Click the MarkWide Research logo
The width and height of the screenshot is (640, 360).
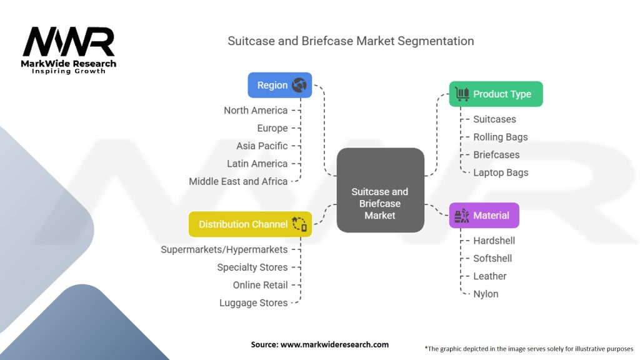[x=69, y=49]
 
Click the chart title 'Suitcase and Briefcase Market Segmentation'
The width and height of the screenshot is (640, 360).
[x=351, y=41]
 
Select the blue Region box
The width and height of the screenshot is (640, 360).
[x=279, y=85]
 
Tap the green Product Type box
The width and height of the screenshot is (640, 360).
[x=496, y=94]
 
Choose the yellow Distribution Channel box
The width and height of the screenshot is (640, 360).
[x=250, y=224]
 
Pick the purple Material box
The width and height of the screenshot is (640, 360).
[x=484, y=216]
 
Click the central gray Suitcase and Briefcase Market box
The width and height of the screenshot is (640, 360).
[x=380, y=190]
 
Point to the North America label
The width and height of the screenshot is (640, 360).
[x=256, y=111]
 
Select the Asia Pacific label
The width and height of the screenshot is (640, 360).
[x=262, y=146]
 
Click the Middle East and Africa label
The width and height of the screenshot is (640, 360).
[x=238, y=181]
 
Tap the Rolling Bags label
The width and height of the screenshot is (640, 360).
[x=500, y=137]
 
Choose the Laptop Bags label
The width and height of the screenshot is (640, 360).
[x=501, y=172]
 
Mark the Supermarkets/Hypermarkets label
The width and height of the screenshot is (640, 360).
[x=224, y=249]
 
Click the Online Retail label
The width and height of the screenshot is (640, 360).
[x=260, y=285]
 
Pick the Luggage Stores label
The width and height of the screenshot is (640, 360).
[x=253, y=303]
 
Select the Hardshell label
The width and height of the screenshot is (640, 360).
[x=494, y=241]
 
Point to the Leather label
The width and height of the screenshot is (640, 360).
[x=489, y=276]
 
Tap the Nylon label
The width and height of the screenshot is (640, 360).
[x=486, y=294]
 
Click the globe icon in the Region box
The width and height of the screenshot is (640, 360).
[x=299, y=85]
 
